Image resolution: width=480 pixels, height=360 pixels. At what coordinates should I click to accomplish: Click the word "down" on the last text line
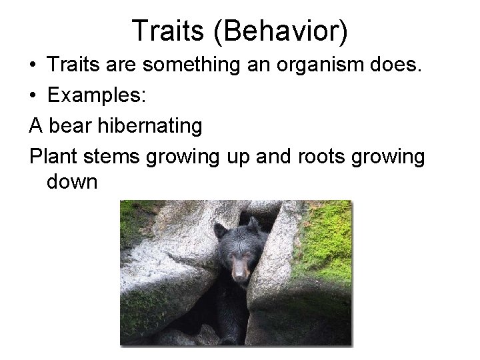[73, 181]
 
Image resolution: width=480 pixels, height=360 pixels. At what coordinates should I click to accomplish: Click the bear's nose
[239, 274]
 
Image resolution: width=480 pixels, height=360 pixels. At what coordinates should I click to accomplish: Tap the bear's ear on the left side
[219, 231]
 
